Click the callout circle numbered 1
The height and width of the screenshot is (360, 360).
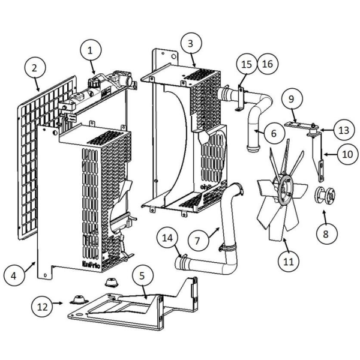[91, 50]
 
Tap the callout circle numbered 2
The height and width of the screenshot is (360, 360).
[35, 68]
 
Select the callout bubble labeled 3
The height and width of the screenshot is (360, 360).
[191, 44]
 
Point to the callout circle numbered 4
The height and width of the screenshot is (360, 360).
[14, 275]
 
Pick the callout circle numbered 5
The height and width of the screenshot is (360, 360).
[142, 276]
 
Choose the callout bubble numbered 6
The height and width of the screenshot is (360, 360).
[274, 133]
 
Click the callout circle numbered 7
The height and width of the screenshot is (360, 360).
[198, 241]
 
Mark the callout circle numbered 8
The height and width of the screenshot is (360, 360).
[326, 234]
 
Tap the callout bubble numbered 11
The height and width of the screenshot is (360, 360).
[289, 261]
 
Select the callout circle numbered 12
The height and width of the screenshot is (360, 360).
[42, 307]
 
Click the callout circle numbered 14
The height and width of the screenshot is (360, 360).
[167, 238]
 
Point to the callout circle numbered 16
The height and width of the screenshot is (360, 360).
[268, 64]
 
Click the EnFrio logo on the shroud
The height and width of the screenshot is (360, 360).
[91, 265]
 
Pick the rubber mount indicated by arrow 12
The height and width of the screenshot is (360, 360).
[79, 299]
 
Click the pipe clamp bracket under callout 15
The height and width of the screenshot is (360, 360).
[240, 99]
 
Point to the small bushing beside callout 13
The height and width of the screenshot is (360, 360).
[313, 131]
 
